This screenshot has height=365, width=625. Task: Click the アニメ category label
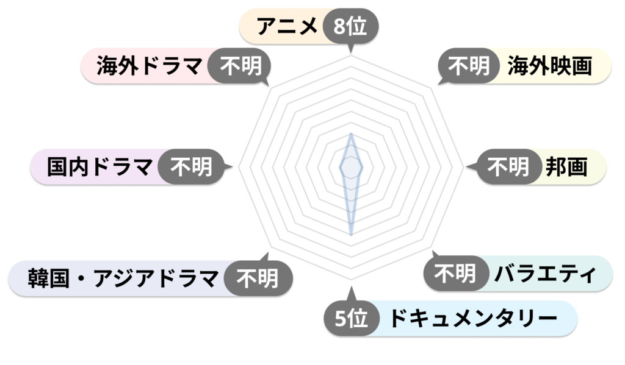click(x=287, y=26)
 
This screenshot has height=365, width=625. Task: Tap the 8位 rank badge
click(x=350, y=26)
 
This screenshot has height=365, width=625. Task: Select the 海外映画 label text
click(x=550, y=66)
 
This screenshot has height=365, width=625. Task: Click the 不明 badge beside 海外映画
click(x=469, y=66)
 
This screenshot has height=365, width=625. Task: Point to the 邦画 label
click(x=566, y=167)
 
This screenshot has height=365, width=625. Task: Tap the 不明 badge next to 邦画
click(x=508, y=167)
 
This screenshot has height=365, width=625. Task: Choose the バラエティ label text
click(x=545, y=274)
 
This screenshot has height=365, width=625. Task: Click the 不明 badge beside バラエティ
click(x=455, y=274)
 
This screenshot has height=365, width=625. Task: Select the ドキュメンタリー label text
click(x=473, y=318)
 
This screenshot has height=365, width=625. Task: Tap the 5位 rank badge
click(x=351, y=318)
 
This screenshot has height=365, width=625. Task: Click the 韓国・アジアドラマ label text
click(x=123, y=278)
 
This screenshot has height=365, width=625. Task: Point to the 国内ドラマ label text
click(x=99, y=167)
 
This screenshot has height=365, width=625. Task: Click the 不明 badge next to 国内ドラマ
click(x=191, y=167)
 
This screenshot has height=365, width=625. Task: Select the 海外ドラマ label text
click(x=149, y=66)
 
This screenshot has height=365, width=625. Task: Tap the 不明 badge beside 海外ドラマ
click(x=240, y=66)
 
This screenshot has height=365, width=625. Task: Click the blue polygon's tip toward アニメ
click(x=351, y=133)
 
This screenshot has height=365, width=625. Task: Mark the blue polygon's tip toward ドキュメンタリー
click(x=351, y=235)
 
